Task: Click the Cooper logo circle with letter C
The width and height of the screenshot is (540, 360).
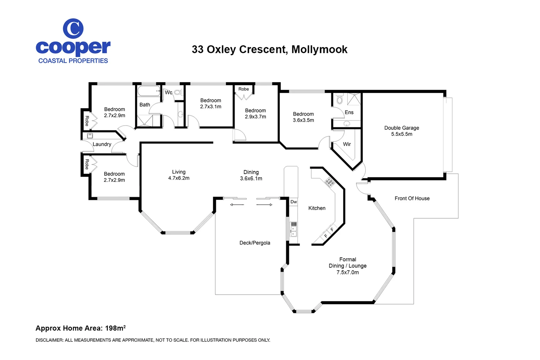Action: [73, 29]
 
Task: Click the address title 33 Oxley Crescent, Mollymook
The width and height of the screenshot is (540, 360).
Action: [269, 49]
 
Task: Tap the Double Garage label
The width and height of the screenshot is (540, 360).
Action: [401, 128]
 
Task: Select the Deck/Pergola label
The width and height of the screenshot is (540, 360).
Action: [255, 243]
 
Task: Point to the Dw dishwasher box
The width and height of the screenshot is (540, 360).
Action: [293, 202]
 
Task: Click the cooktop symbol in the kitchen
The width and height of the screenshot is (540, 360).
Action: [330, 182]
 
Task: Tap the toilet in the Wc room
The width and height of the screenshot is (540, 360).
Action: [178, 92]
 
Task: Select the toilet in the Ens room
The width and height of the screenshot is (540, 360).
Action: [340, 99]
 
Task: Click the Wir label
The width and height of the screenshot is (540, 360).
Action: [347, 144]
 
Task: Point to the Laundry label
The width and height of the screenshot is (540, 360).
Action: [102, 144]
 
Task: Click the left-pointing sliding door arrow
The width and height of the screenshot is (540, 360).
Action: [237, 205]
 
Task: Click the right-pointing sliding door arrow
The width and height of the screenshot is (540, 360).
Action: [264, 205]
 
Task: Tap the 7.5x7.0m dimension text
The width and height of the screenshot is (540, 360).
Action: [347, 272]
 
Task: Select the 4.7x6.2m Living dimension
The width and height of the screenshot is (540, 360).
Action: [179, 178]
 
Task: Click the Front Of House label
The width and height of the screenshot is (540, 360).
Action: [412, 198]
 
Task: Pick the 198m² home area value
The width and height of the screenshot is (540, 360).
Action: [115, 328]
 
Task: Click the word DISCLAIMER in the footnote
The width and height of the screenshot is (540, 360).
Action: [49, 340]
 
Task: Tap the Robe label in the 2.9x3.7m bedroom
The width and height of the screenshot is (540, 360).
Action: [243, 89]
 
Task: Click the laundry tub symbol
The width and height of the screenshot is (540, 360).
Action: [90, 136]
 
